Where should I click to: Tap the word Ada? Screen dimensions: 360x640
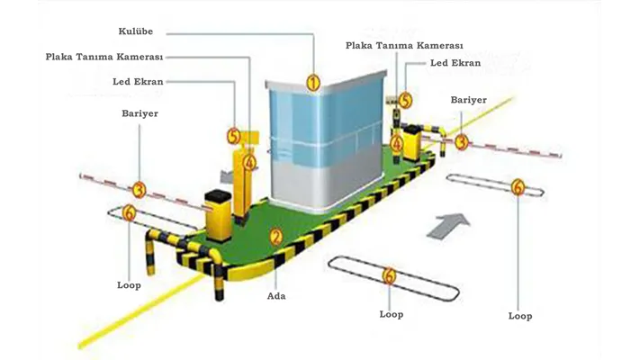[276, 295]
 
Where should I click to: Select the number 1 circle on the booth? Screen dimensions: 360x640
[313, 83]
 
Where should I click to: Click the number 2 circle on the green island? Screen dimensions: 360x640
[276, 237]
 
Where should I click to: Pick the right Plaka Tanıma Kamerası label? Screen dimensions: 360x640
[404, 45]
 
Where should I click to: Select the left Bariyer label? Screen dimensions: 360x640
[140, 114]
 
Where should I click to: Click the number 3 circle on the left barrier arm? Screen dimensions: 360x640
[139, 190]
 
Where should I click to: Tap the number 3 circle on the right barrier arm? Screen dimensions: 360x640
[462, 141]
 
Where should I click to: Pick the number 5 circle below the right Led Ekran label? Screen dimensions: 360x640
[406, 101]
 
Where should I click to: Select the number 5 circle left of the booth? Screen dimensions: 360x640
[234, 136]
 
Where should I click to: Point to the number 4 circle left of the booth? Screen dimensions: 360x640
[249, 163]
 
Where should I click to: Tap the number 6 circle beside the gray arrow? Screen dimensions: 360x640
[517, 187]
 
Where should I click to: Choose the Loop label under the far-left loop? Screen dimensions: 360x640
[129, 284]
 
